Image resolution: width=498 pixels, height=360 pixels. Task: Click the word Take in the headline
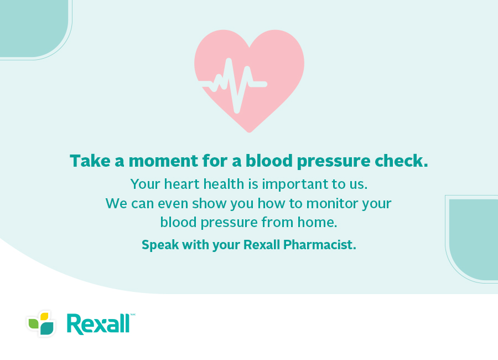(90, 161)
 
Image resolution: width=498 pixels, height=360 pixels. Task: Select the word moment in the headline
(164, 161)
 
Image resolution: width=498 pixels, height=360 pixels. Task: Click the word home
(317, 222)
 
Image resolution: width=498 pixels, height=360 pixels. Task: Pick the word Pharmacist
(319, 245)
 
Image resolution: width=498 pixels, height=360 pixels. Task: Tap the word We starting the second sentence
(117, 203)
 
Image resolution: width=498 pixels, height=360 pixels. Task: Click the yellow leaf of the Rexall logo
(44, 317)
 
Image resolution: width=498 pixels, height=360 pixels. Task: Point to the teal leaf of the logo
(48, 328)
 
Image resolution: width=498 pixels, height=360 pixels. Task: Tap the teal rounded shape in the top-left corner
(33, 28)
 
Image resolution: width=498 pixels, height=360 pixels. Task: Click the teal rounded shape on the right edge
(474, 240)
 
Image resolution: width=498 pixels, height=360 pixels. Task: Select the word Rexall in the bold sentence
(262, 245)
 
